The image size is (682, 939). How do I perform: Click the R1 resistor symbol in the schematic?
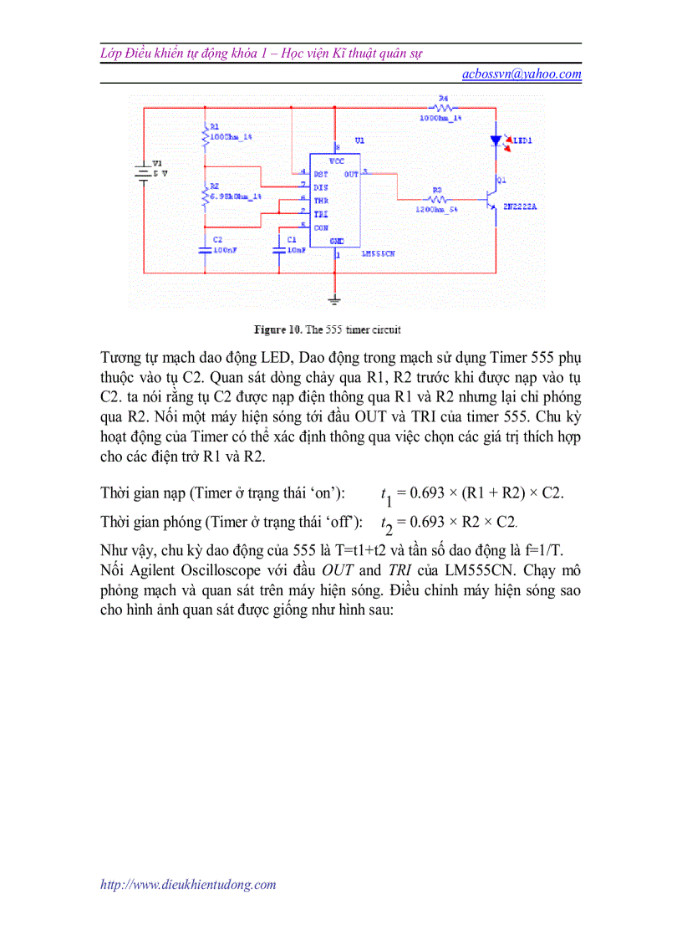[x=205, y=135]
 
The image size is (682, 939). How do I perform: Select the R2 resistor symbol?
[x=205, y=197]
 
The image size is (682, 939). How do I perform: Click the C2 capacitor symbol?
[x=205, y=248]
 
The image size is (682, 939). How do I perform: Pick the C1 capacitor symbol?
[x=280, y=248]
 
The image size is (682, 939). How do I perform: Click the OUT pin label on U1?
[x=351, y=174]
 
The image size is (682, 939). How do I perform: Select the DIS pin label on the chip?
[x=320, y=187]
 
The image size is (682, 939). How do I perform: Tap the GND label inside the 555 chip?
[x=336, y=241]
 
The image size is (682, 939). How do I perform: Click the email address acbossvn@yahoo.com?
[x=522, y=74]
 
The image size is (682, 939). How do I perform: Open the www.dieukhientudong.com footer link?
[x=188, y=884]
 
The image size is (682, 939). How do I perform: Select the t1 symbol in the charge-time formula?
[x=386, y=495]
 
